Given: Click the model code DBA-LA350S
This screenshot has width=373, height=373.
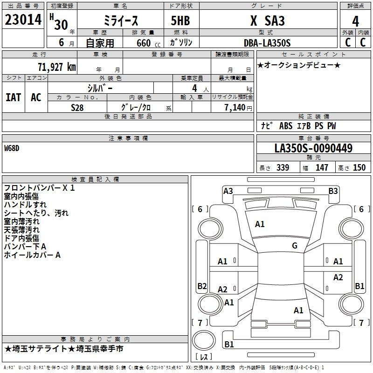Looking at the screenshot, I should click(267, 43).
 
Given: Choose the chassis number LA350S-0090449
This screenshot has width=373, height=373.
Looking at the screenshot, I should click(313, 149).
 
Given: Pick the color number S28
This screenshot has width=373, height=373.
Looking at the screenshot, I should click(77, 107).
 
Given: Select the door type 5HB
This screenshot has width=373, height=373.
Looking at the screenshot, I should click(177, 21).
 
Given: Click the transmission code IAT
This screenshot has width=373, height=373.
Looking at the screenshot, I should click(13, 97).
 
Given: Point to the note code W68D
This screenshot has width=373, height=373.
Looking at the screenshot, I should click(12, 149).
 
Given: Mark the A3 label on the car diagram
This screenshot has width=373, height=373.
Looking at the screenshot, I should click(228, 191).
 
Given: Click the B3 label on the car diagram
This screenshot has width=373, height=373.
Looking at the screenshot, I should click(333, 191).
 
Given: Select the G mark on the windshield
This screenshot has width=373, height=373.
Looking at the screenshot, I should click(295, 246).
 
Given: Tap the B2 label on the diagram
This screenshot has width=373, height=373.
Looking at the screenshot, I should click(202, 286).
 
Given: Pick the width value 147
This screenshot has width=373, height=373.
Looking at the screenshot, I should click(322, 167).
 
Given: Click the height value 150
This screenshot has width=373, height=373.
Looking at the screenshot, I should click(359, 167).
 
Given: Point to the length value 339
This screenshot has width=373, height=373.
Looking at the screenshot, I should click(283, 167).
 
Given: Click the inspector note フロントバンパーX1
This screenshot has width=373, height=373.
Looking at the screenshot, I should click(39, 188).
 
